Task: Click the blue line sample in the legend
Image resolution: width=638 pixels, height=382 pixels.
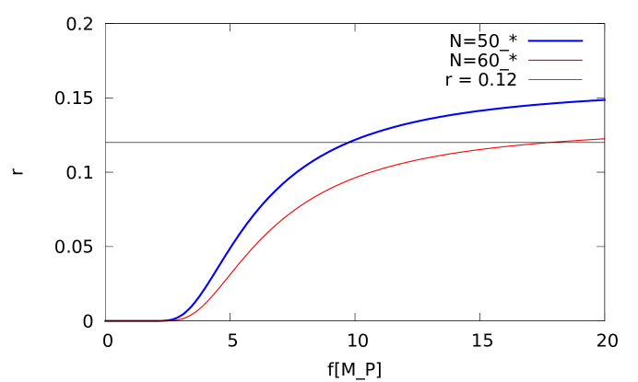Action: pyautogui.click(x=555, y=41)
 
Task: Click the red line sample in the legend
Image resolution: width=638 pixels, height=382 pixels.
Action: pyautogui.click(x=555, y=60)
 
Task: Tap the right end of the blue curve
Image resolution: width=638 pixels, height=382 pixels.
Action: pyautogui.click(x=604, y=99)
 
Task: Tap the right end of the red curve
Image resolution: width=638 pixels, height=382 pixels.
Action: pyautogui.click(x=604, y=139)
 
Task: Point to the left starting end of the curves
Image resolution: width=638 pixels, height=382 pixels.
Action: pyautogui.click(x=105, y=320)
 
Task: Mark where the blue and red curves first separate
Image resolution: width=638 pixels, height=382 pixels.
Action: pyautogui.click(x=171, y=319)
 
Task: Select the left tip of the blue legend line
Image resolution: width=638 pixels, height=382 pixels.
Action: pyautogui.click(x=528, y=41)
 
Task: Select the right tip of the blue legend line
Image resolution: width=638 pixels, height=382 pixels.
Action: pyautogui.click(x=583, y=41)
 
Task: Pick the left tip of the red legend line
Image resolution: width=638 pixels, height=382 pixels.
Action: pyautogui.click(x=529, y=60)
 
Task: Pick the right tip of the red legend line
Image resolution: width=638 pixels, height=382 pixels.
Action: pyautogui.click(x=582, y=60)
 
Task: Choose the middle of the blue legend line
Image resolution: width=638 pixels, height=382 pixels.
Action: pyautogui.click(x=555, y=41)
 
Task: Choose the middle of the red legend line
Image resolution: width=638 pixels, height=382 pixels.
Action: pyautogui.click(x=555, y=60)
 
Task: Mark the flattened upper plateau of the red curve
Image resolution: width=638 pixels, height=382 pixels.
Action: pyautogui.click(x=535, y=145)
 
